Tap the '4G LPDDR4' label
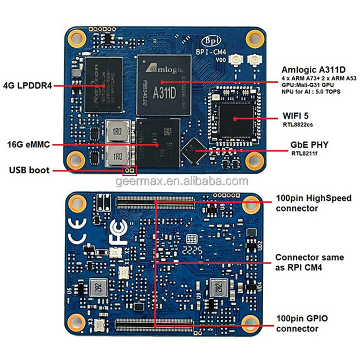[27, 86]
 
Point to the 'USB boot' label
[29, 170]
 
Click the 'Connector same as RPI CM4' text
[310, 262]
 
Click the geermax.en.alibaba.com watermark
[181, 181]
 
